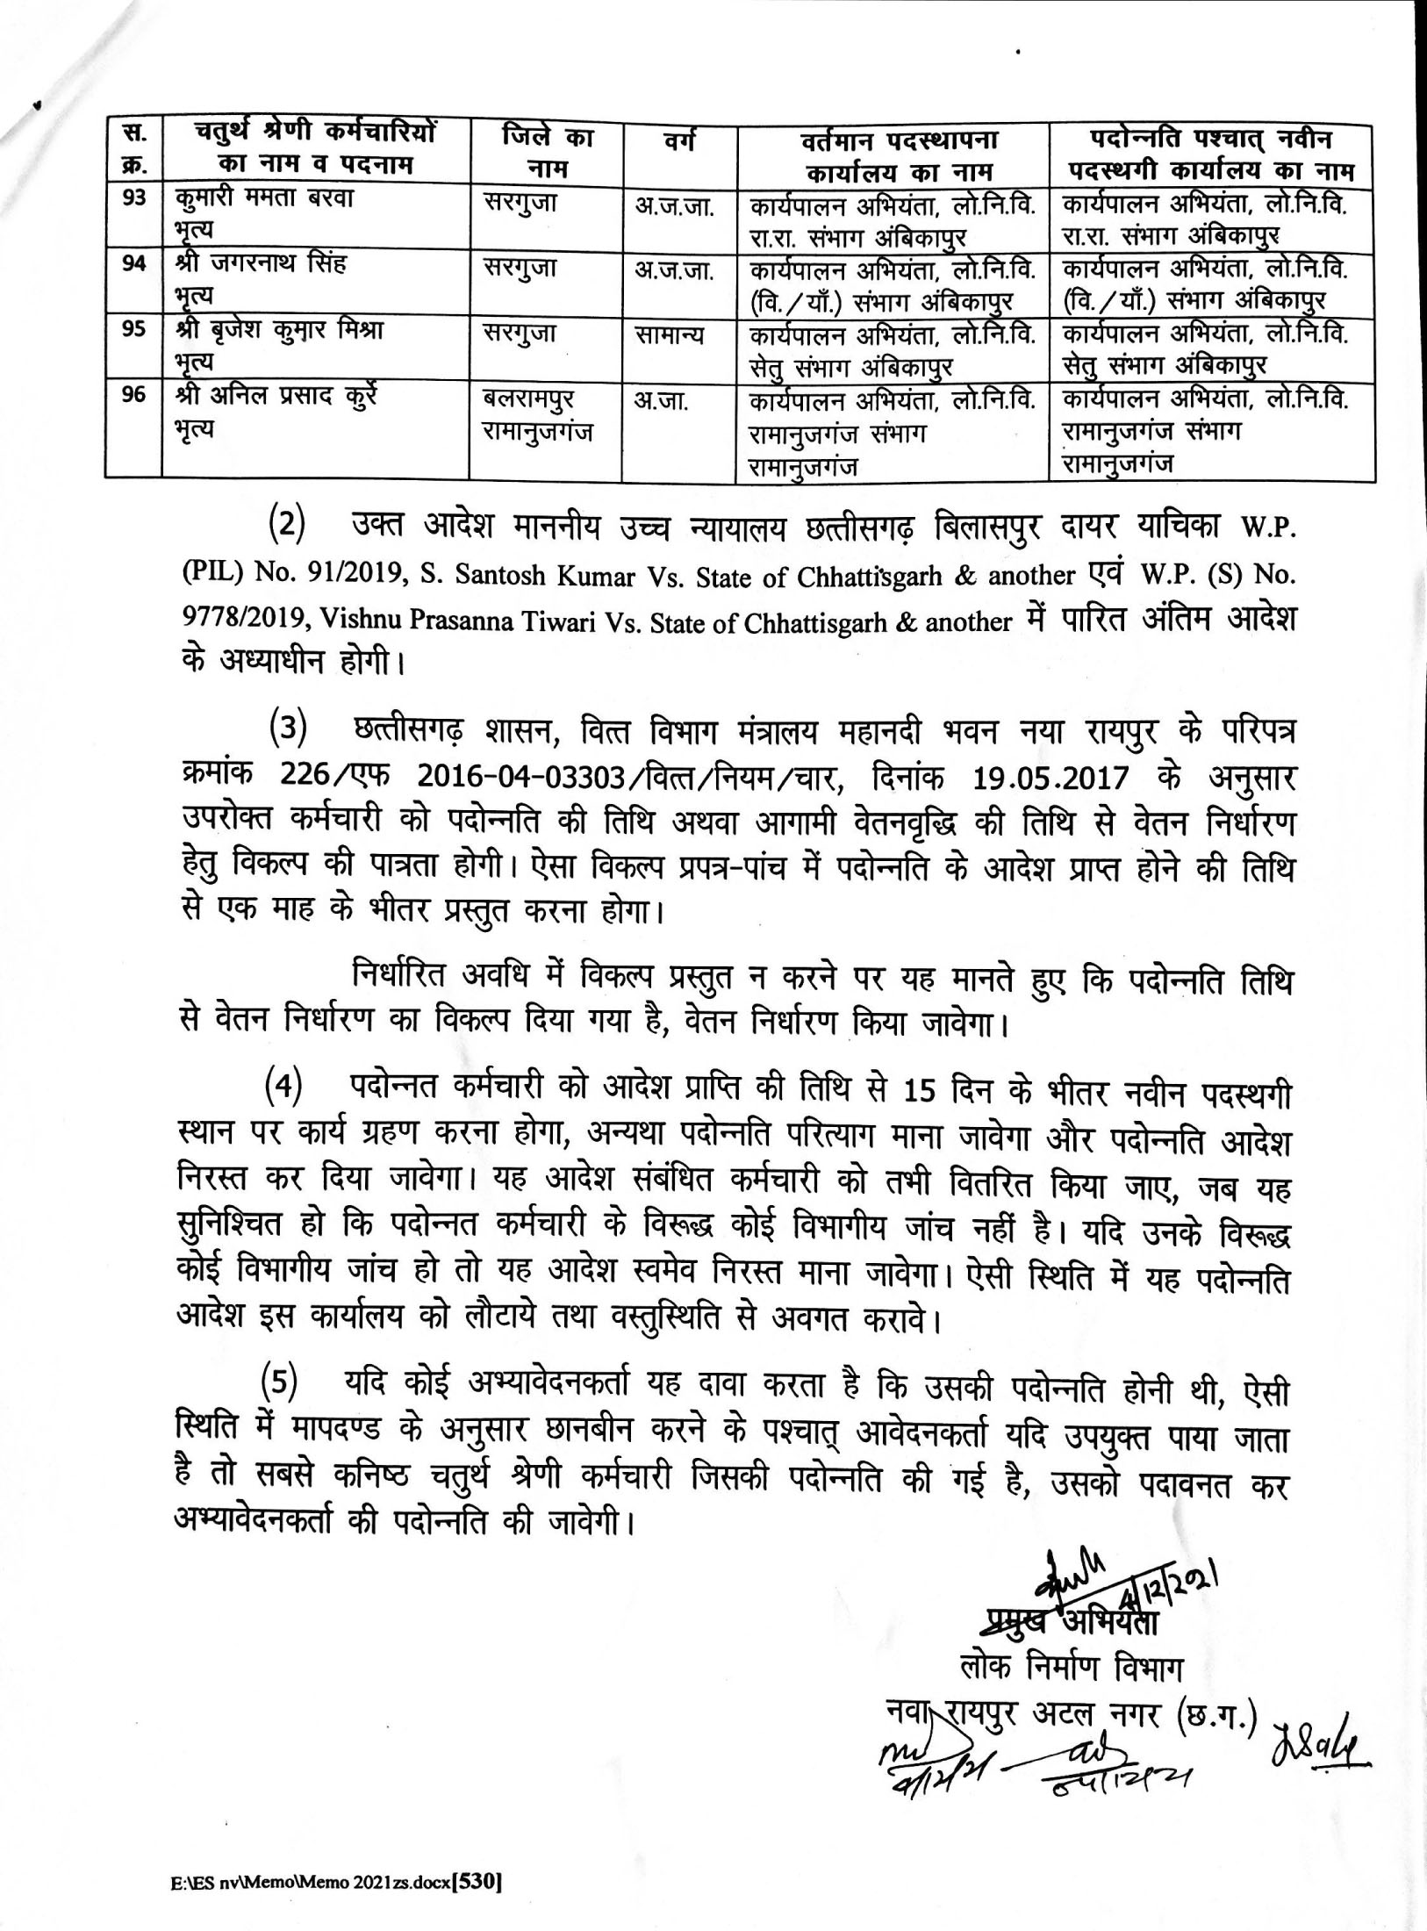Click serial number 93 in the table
(133, 199)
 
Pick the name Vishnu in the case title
(362, 621)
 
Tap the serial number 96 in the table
(133, 398)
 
